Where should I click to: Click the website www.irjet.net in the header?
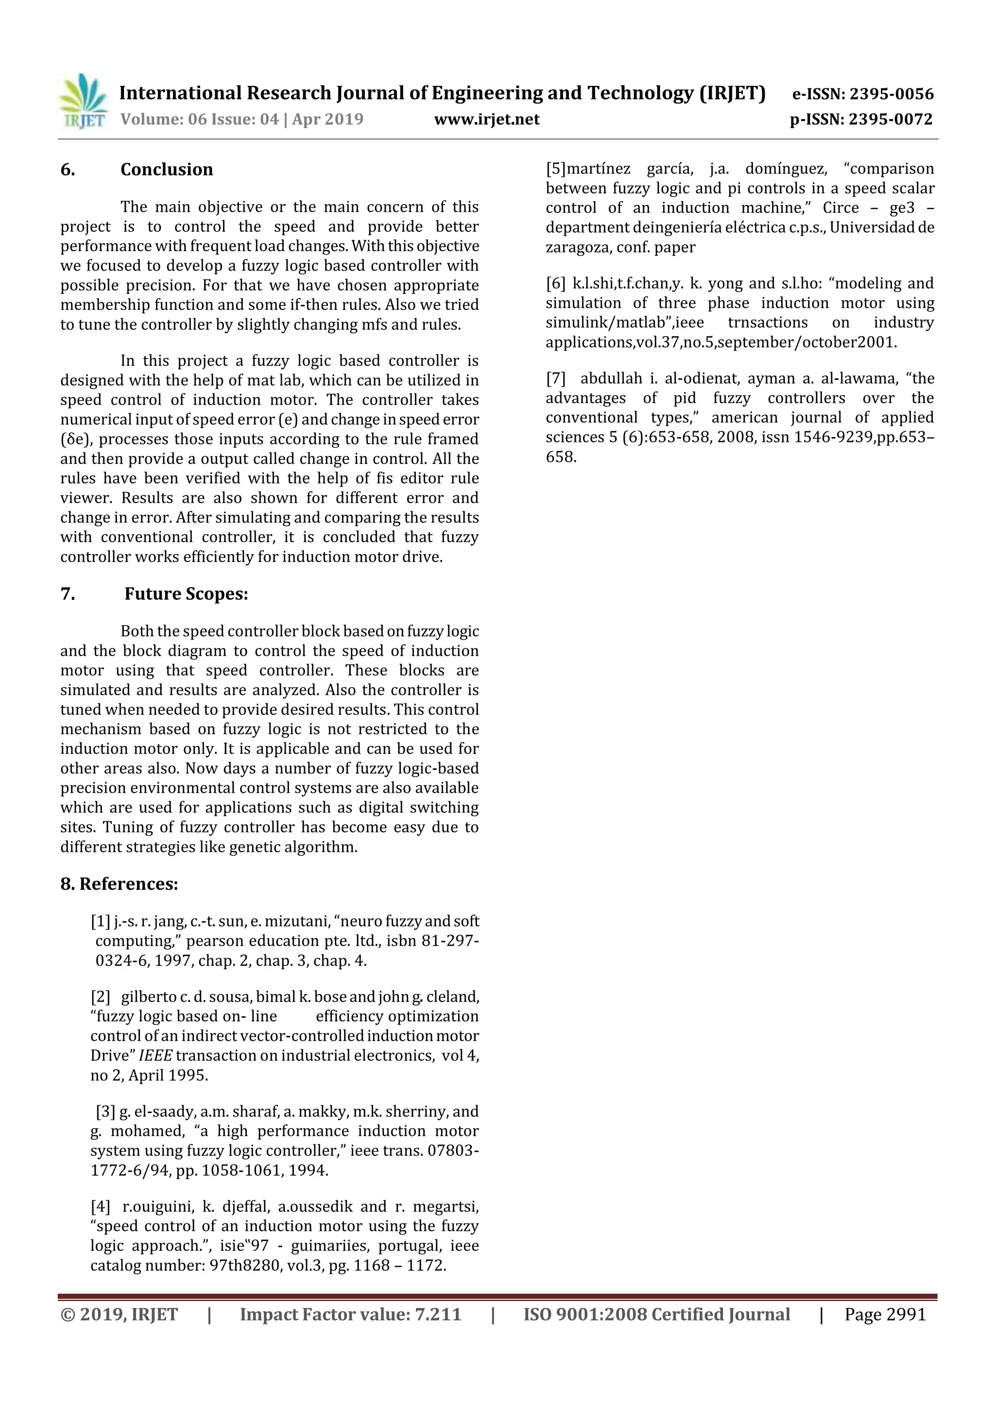coord(487,119)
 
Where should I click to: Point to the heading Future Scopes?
coord(187,594)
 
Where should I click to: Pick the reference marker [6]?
coord(556,283)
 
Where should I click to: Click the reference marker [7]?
coord(556,378)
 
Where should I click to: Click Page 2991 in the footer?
coord(885,1314)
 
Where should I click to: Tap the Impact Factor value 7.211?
coord(438,1314)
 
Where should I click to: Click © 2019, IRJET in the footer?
coord(119,1314)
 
